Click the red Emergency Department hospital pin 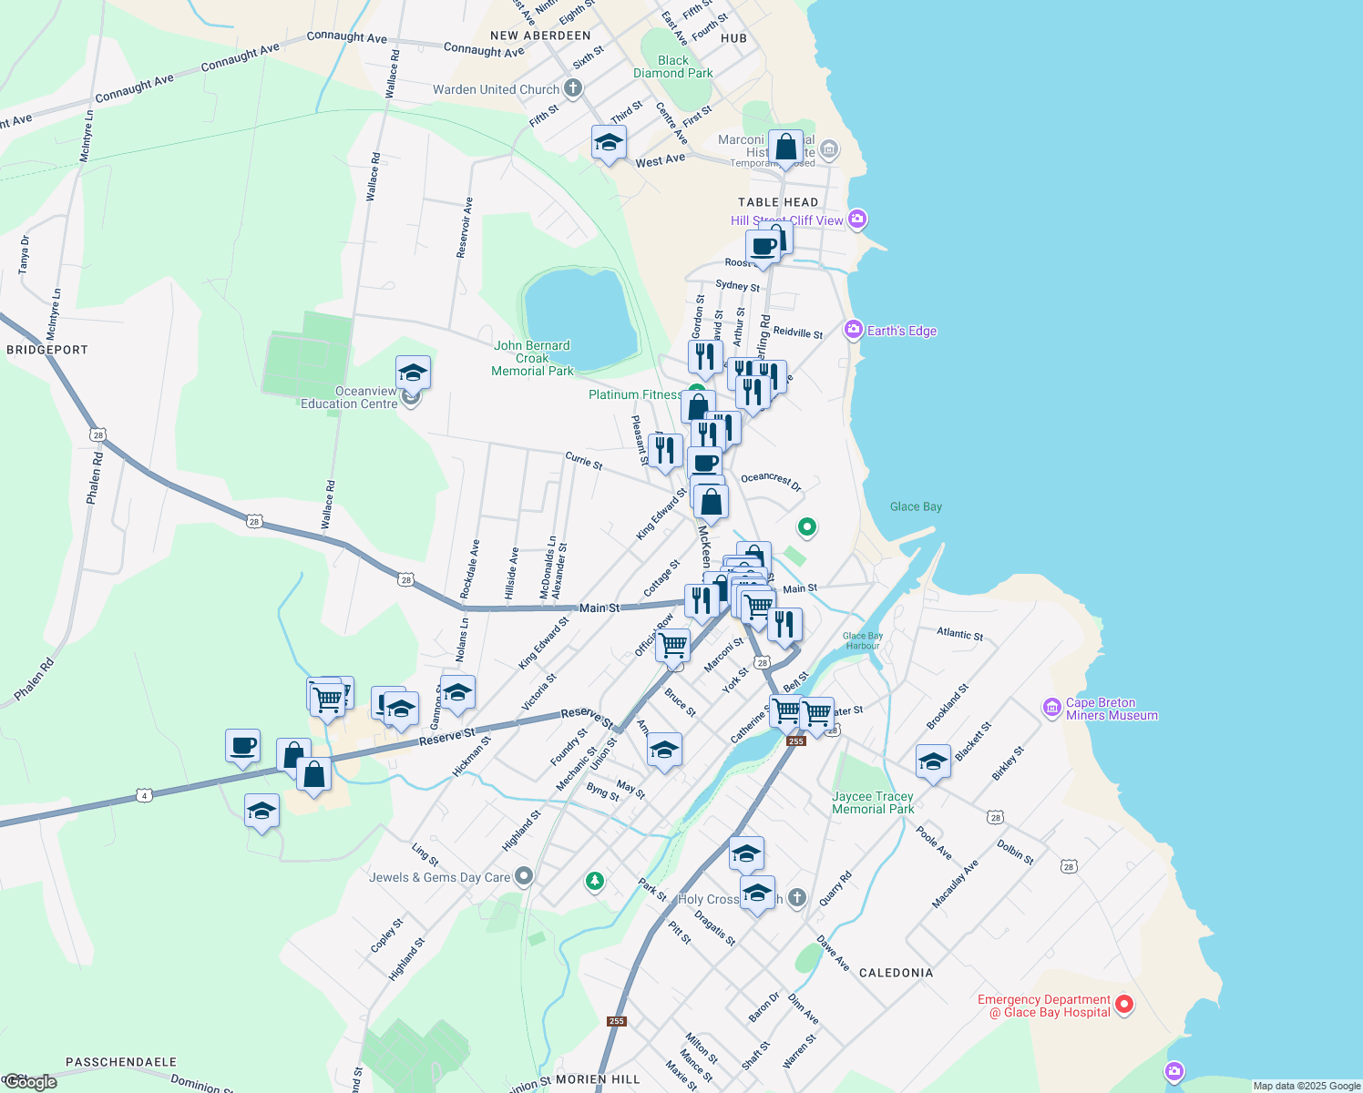click(x=1124, y=1005)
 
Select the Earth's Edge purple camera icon click(x=854, y=330)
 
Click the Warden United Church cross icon click(x=572, y=88)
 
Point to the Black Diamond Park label click(x=673, y=66)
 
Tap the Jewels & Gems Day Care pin click(x=523, y=876)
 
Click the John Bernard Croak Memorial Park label click(x=533, y=358)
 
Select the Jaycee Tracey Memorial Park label click(x=873, y=802)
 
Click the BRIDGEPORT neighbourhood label click(x=47, y=350)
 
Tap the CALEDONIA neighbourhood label click(x=897, y=973)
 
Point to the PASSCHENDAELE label click(x=121, y=1062)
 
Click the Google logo click(x=29, y=1082)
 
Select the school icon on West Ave click(x=609, y=143)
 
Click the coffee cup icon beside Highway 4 click(x=243, y=746)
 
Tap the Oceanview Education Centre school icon click(x=413, y=373)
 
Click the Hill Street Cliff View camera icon click(x=856, y=219)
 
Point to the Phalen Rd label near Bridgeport click(x=95, y=479)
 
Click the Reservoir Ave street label click(x=465, y=228)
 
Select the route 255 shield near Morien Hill click(x=617, y=1021)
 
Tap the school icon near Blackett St click(x=933, y=761)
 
